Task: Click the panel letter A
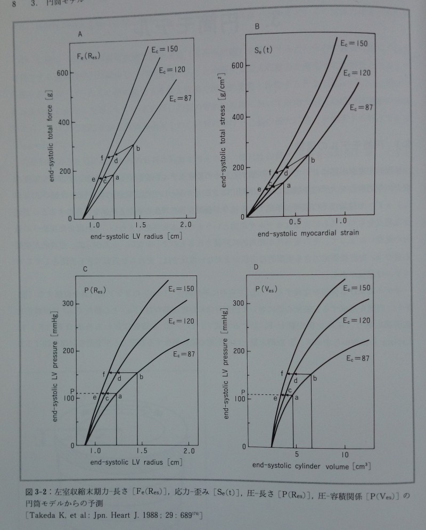80,35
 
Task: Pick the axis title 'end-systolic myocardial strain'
301,233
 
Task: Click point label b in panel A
138,148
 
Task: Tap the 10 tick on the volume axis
345,455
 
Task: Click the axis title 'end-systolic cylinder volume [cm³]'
311,466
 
